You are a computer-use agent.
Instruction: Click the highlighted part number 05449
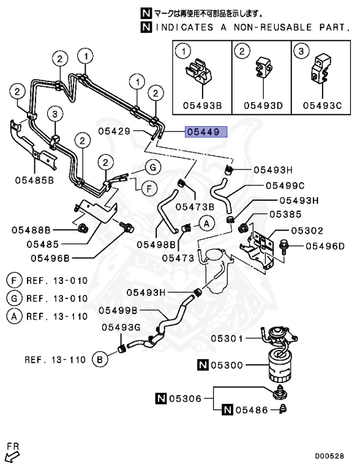click(x=206, y=132)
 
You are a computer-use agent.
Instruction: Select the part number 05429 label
click(x=114, y=131)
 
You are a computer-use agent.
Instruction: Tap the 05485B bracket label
click(x=34, y=180)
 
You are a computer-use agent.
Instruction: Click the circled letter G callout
click(x=153, y=167)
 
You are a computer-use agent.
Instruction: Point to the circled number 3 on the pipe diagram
click(x=55, y=114)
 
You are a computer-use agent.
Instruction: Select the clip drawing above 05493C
click(x=321, y=69)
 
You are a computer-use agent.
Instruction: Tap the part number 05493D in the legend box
click(x=263, y=105)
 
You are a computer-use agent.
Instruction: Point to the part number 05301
click(x=227, y=338)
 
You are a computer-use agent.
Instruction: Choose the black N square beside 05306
click(x=161, y=398)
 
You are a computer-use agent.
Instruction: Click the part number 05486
click(x=252, y=410)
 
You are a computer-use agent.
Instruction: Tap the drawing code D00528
click(x=329, y=456)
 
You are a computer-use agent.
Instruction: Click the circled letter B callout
click(x=100, y=359)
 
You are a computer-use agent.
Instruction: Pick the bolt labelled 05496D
click(x=283, y=247)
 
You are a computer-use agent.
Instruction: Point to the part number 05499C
click(x=285, y=186)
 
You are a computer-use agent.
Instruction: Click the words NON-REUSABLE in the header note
click(x=272, y=28)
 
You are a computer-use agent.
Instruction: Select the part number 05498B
click(x=156, y=244)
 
